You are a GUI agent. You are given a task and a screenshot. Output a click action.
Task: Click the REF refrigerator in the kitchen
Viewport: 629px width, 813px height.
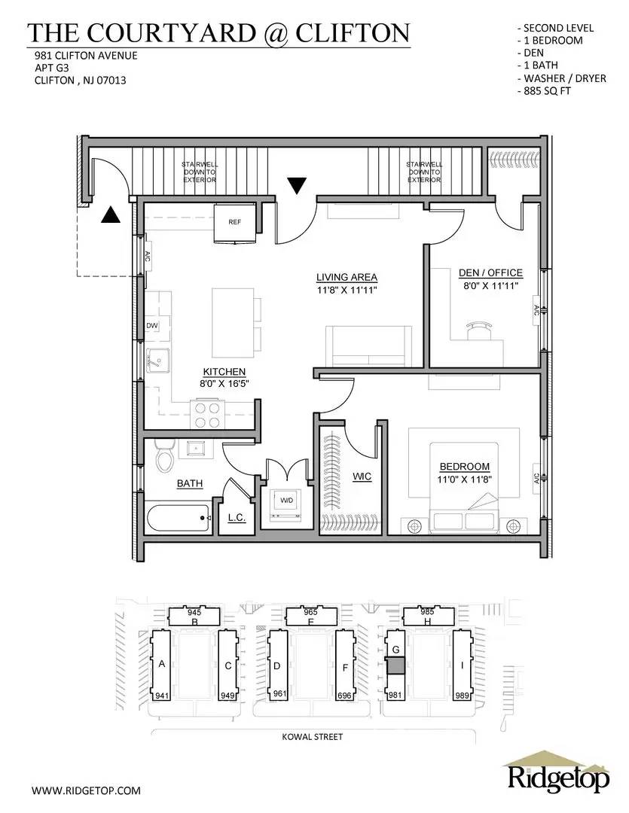pos(236,224)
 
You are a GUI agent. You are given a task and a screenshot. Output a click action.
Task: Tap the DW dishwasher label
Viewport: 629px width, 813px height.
pos(151,325)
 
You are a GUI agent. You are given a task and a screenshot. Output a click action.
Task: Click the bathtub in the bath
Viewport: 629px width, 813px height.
pos(178,516)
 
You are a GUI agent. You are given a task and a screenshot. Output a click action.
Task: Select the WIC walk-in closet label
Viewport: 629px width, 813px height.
pos(362,477)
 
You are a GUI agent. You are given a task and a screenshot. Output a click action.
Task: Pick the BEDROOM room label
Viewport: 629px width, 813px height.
pos(463,467)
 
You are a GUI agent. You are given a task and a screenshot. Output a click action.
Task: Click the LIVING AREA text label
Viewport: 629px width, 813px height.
pos(347,277)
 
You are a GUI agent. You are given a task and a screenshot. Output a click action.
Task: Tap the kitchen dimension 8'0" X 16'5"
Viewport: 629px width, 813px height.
pos(224,383)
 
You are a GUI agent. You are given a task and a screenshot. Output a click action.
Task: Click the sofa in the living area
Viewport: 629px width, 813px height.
pos(368,346)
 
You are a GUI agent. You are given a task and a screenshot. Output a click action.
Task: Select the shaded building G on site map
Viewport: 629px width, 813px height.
pos(395,666)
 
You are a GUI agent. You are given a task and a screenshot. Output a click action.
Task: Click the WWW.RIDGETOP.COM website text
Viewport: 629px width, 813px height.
pos(87,790)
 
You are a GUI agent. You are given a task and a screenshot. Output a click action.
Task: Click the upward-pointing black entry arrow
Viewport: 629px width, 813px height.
pos(111,215)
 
